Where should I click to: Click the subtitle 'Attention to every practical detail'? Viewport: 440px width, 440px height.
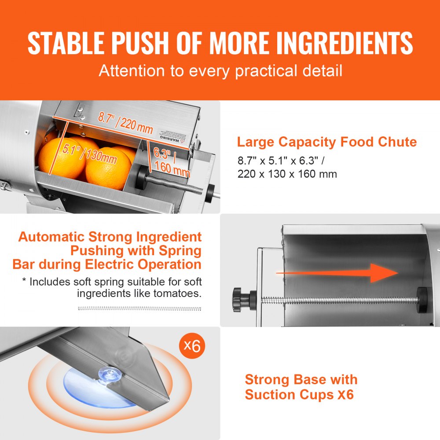(220, 71)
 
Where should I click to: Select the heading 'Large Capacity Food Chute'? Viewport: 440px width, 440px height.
(326, 142)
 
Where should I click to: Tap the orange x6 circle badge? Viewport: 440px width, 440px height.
(191, 346)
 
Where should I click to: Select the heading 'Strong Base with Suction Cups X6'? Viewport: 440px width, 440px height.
(301, 387)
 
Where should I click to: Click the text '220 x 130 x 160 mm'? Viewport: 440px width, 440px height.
(287, 174)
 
